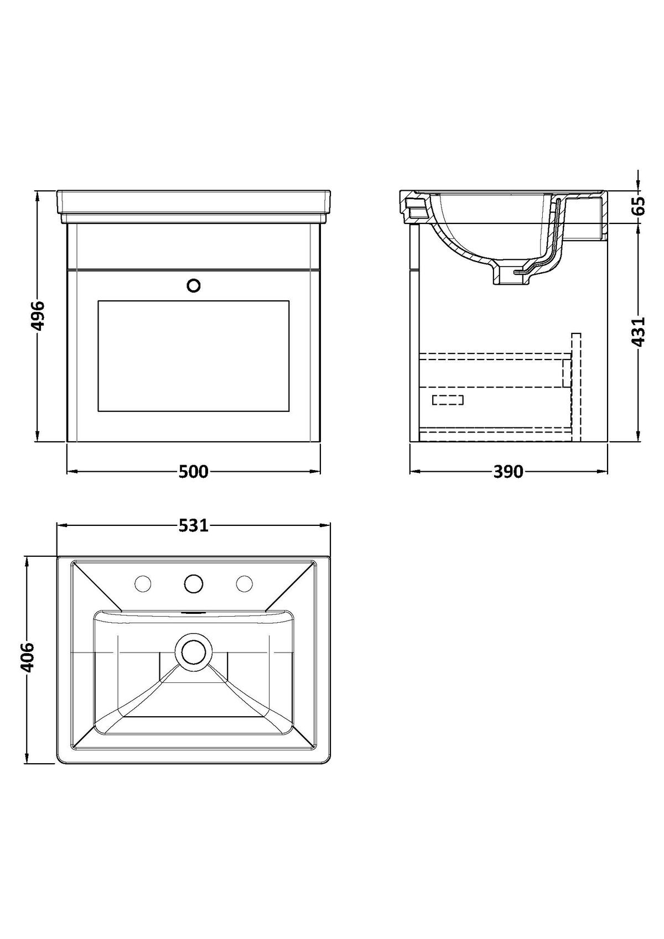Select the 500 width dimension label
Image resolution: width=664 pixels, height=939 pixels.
coord(193,472)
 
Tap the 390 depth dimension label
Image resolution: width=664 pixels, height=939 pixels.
coord(508,472)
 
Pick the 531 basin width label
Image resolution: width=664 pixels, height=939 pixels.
coord(193,526)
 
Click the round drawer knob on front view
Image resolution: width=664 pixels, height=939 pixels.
coord(193,286)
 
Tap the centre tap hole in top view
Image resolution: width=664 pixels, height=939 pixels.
coord(193,583)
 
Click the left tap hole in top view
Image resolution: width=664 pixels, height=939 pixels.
coord(143,583)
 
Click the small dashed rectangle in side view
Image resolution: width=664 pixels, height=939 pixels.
coord(448,400)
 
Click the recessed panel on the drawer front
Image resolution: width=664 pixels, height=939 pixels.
coord(193,356)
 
